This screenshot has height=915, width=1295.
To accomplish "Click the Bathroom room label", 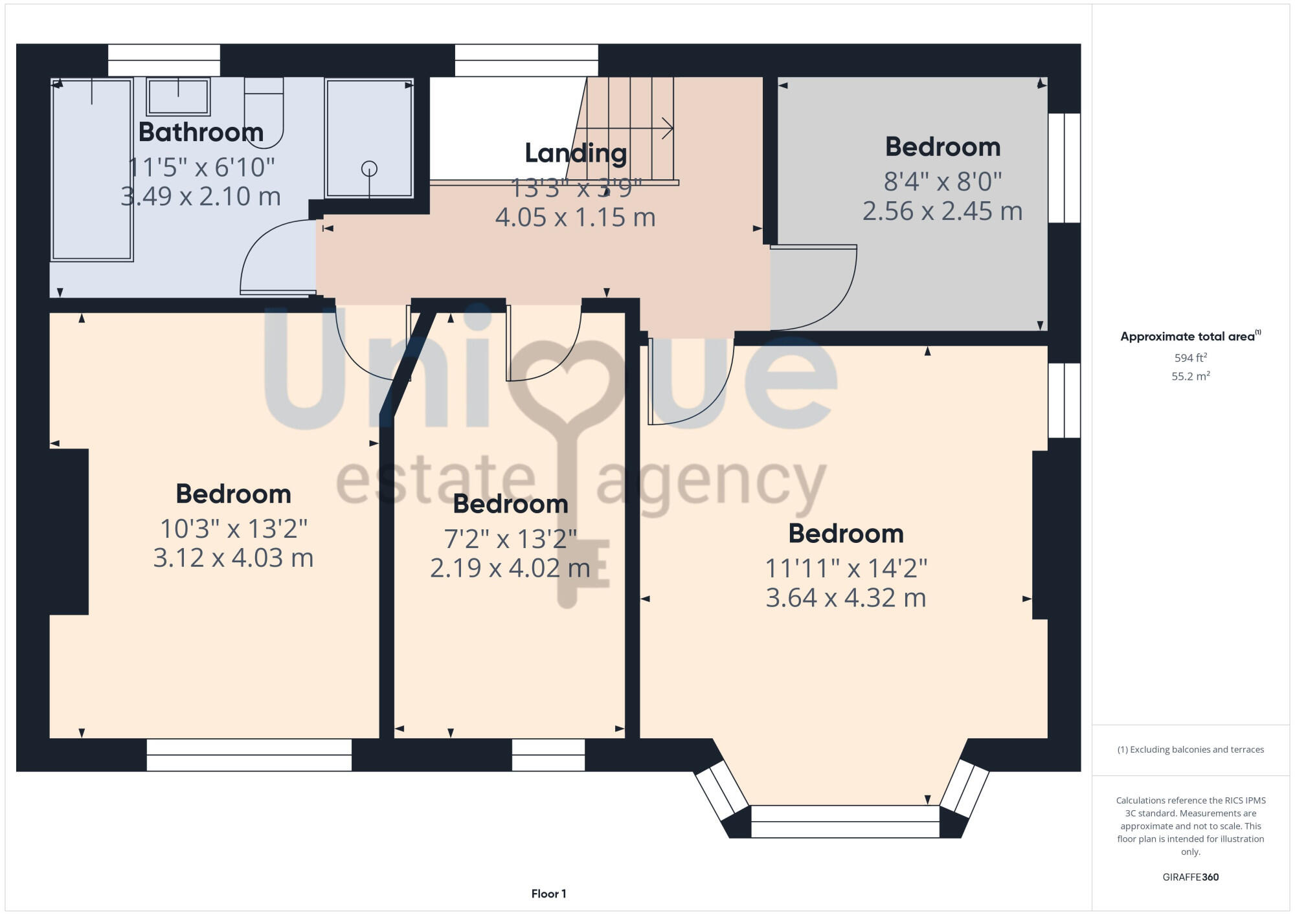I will pyautogui.click(x=201, y=132).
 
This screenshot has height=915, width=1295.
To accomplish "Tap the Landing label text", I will pyautogui.click(x=575, y=153).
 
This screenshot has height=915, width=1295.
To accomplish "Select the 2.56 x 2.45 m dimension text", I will pyautogui.click(x=942, y=211).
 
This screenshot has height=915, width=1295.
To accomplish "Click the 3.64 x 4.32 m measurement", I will pyautogui.click(x=846, y=597).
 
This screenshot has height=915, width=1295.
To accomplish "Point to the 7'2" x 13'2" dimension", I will pyautogui.click(x=510, y=538).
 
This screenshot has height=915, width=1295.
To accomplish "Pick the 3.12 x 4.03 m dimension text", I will pyautogui.click(x=233, y=557).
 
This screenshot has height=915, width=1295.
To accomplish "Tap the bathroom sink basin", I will pyautogui.click(x=178, y=97).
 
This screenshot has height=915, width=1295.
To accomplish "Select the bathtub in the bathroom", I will pyautogui.click(x=92, y=170).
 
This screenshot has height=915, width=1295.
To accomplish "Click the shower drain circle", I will pyautogui.click(x=369, y=169).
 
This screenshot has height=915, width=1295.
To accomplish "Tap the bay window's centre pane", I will pyautogui.click(x=844, y=821).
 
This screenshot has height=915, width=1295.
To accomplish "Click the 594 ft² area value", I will pyautogui.click(x=1190, y=358).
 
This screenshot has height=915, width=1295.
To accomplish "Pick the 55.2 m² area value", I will pyautogui.click(x=1190, y=376).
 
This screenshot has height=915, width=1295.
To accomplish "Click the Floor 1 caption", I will pyautogui.click(x=548, y=894).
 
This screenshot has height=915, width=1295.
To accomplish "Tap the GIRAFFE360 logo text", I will pyautogui.click(x=1190, y=877).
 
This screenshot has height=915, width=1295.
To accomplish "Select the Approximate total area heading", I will pyautogui.click(x=1189, y=336).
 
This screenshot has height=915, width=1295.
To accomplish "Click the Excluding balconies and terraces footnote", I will pyautogui.click(x=1190, y=749).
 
